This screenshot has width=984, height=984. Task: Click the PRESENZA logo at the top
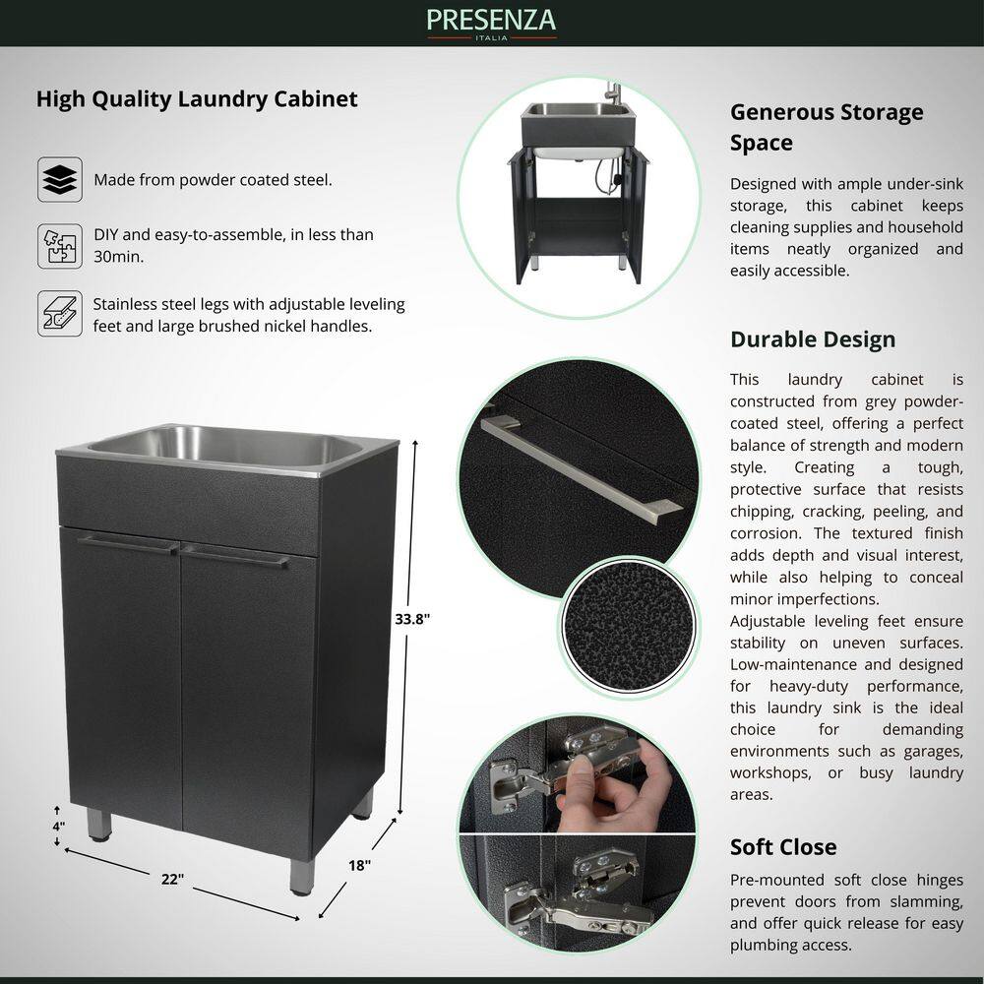491,24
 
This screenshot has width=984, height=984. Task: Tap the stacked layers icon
60,179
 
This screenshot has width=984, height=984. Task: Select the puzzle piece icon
60,246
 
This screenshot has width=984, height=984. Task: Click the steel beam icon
60,313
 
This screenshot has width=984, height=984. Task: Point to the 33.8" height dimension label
412,619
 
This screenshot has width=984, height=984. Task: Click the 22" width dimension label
172,879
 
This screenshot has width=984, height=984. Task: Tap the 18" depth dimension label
359,865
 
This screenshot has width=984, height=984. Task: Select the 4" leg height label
58,826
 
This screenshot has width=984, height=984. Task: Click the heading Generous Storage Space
827,127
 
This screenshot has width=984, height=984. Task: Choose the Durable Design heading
813,339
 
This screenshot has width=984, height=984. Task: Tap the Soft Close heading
783,847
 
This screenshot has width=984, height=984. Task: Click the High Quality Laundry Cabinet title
197,99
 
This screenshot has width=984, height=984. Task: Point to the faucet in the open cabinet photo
612,93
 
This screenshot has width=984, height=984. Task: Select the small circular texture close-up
628,626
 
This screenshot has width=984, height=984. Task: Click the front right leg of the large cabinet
302,876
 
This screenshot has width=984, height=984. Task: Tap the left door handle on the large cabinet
129,544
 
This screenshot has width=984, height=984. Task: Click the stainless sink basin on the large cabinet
226,447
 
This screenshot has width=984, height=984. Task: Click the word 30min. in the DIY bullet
119,257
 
